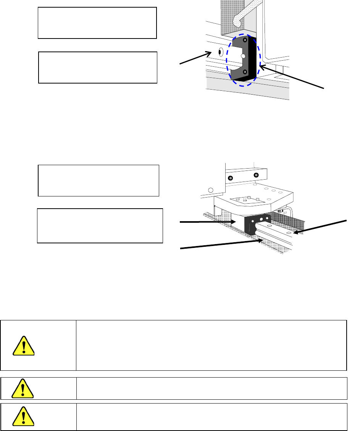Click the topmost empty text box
97,23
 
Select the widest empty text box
100,225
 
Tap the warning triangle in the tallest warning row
23,346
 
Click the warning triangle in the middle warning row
23,388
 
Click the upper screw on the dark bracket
245,40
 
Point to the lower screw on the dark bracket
245,72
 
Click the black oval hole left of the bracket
220,51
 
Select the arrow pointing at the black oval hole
195,58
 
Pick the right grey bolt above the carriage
256,175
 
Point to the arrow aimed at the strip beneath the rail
221,244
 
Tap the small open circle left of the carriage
210,190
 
